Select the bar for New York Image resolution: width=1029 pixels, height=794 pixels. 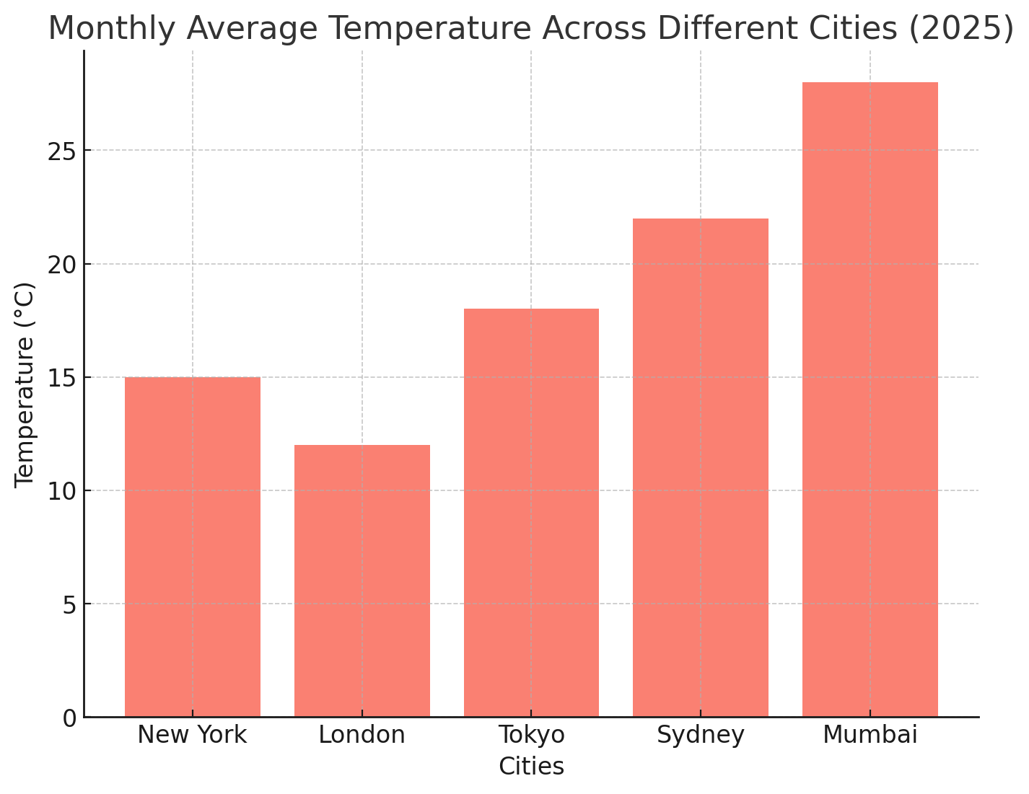(x=192, y=547)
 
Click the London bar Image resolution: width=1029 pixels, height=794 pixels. (x=362, y=581)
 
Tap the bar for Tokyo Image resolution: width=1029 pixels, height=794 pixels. (x=531, y=513)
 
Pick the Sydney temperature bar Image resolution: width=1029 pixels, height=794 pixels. (x=701, y=467)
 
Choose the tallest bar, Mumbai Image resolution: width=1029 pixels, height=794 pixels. (x=870, y=400)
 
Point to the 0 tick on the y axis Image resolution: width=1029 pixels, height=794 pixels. (x=69, y=718)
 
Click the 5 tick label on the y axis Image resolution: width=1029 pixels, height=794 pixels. (x=69, y=605)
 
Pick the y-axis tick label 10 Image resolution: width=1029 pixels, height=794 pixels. (x=62, y=492)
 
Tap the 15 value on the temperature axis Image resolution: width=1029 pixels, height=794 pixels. (x=62, y=378)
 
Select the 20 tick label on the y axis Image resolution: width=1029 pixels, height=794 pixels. (x=62, y=265)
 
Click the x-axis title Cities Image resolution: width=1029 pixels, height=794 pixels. (x=531, y=767)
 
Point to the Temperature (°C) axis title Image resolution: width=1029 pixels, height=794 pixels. (x=25, y=384)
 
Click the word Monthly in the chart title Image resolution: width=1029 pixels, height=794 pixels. (x=113, y=29)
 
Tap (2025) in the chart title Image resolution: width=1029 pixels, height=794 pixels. (x=961, y=29)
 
